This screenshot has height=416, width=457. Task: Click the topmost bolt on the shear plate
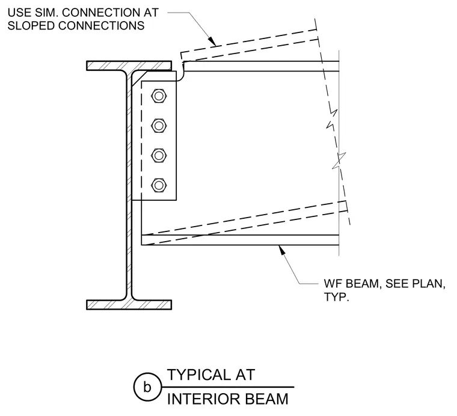(159, 96)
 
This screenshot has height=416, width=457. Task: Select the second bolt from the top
(159, 126)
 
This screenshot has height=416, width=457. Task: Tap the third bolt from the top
(159, 156)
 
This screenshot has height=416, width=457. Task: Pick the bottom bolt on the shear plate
(159, 185)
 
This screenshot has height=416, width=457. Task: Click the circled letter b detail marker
(147, 387)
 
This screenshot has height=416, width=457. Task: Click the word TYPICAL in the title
(197, 375)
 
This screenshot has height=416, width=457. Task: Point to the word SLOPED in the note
(31, 26)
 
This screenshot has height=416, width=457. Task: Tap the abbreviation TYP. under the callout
(336, 297)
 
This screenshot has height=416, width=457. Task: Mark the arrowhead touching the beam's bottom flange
(281, 249)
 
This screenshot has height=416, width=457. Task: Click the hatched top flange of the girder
(129, 66)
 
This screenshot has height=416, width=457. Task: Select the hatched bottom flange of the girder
(129, 304)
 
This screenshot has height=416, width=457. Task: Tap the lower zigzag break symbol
(339, 161)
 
